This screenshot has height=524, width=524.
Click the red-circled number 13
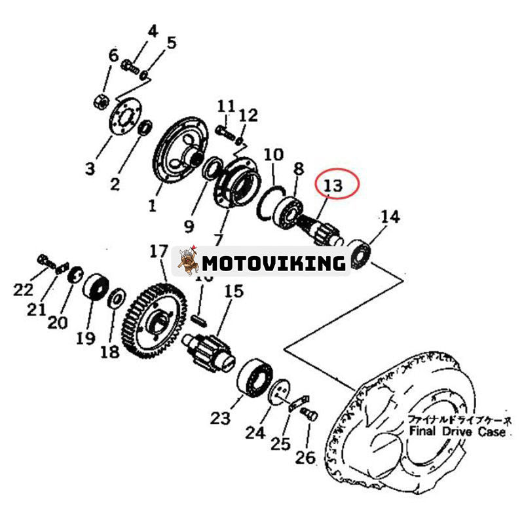coord(333,185)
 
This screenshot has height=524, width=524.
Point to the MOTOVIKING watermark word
coord(273,263)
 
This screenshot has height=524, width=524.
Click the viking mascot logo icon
coord(187,261)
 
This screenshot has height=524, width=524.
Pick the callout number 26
coord(305,457)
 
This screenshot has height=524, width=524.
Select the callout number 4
coord(153,31)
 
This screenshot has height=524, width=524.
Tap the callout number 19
coord(85,338)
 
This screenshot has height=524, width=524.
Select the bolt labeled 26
coord(310,414)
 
